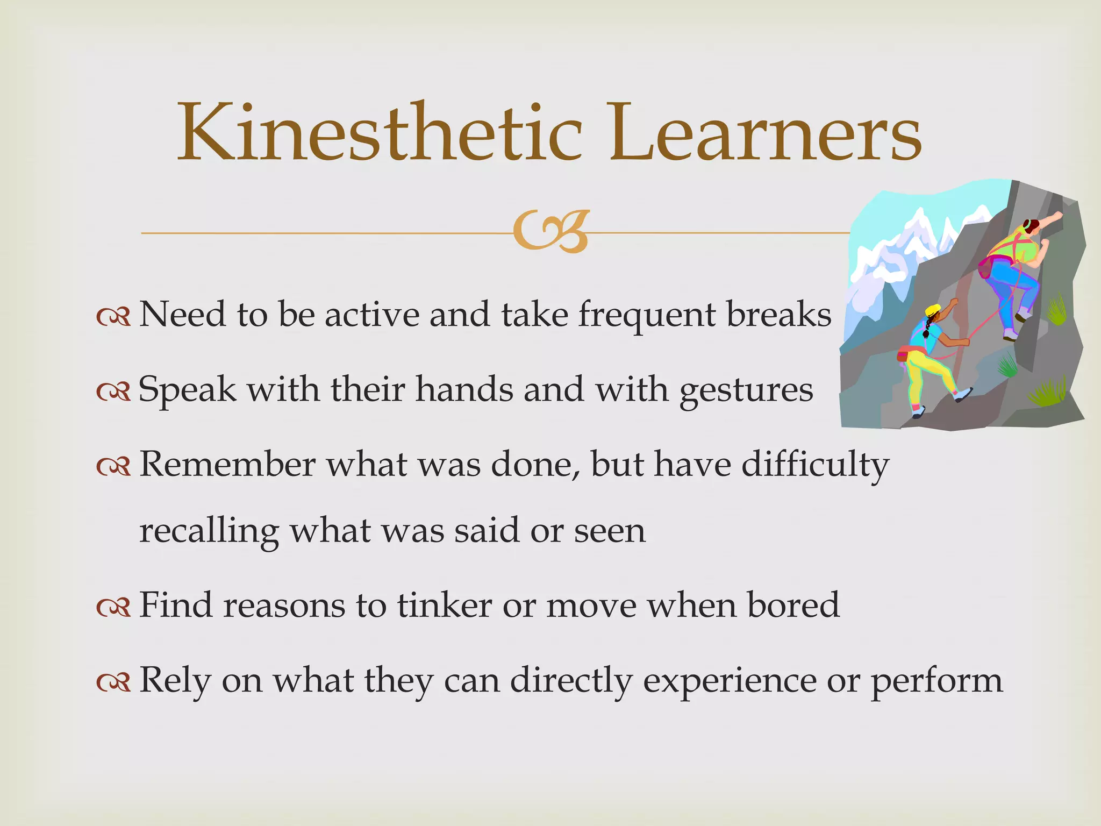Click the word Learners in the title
765,133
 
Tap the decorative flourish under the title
550,233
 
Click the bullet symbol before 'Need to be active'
113,317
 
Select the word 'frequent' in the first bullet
647,316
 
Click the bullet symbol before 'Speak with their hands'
113,392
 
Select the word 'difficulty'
815,465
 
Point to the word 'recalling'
209,532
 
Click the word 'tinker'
445,605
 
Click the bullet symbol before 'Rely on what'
113,682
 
